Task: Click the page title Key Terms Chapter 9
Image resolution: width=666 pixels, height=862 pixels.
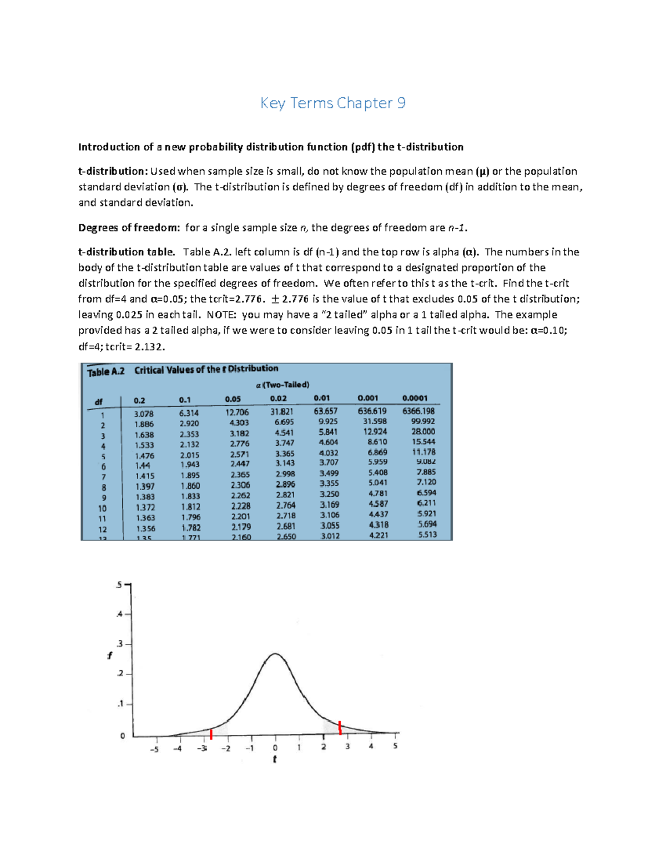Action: [x=333, y=103]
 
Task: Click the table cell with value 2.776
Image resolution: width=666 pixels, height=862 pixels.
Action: [x=240, y=443]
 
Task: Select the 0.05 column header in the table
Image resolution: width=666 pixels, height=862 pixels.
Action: [x=233, y=399]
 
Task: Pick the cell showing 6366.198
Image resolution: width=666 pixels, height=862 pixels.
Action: [x=418, y=411]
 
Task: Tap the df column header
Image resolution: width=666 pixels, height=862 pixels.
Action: [x=99, y=401]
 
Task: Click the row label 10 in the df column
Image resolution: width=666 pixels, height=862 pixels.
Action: [x=102, y=508]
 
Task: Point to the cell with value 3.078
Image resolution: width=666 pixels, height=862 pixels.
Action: [x=144, y=414]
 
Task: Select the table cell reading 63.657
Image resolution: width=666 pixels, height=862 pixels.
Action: [x=325, y=411]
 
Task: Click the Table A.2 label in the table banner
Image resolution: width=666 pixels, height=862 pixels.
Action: [x=105, y=372]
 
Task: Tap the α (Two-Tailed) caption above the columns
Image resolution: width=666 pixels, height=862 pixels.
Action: [x=282, y=385]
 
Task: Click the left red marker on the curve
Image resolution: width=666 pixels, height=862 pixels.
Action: [x=211, y=734]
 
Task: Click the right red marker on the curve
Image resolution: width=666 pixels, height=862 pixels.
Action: [x=340, y=727]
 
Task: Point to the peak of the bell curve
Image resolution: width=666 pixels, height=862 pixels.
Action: [x=275, y=654]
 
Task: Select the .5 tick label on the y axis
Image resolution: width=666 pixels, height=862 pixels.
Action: [x=118, y=585]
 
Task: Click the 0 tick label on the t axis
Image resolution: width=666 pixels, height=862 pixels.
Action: [x=275, y=748]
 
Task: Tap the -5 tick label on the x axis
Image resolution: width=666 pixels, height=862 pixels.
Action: [x=154, y=749]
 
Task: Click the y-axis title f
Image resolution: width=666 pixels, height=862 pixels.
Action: [x=109, y=656]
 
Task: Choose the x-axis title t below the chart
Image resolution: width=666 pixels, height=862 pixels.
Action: [x=275, y=759]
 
